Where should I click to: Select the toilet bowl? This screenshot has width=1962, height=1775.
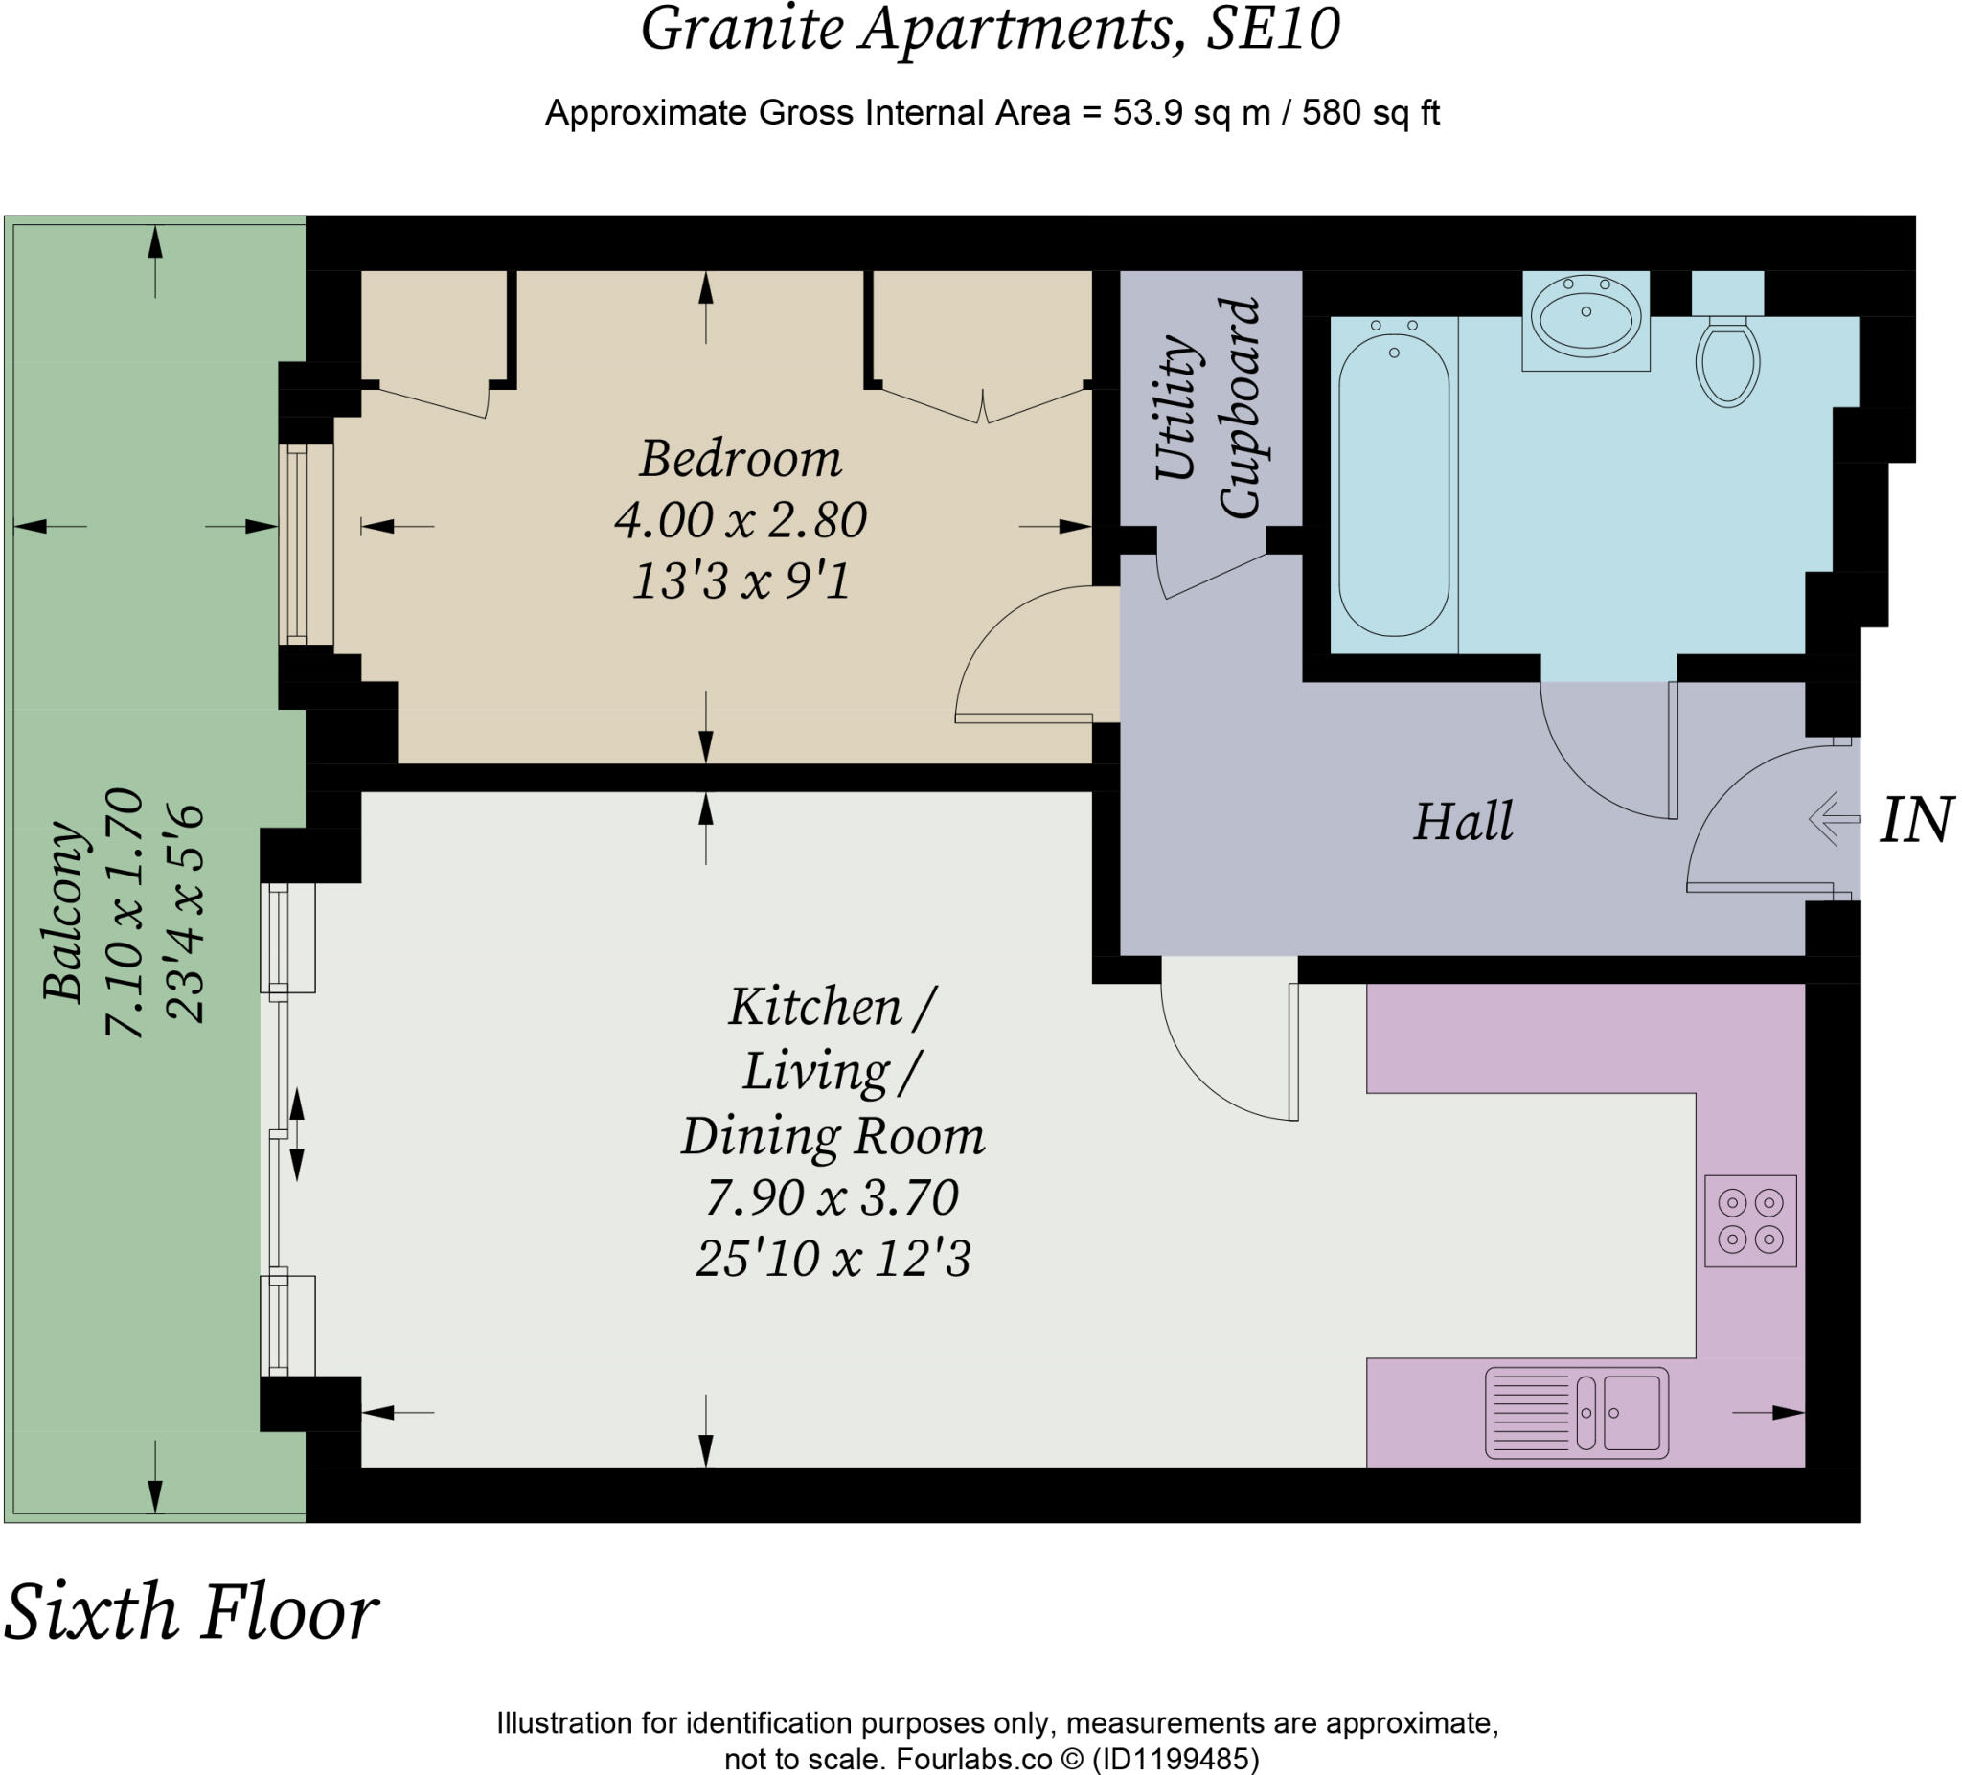(x=1727, y=362)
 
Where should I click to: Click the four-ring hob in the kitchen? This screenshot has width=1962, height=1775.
(x=1750, y=1221)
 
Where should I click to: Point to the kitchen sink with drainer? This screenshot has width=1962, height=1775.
(x=1577, y=1412)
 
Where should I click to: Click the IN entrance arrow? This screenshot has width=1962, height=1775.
(x=1834, y=818)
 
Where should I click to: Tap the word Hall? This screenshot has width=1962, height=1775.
(x=1463, y=821)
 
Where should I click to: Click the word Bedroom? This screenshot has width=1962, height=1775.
(x=740, y=458)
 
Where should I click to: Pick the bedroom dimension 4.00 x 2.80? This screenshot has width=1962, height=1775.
(x=740, y=519)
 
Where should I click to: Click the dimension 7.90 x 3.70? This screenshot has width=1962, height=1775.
(x=833, y=1196)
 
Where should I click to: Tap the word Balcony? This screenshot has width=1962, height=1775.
(x=64, y=912)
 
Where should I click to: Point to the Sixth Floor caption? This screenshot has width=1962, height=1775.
(x=191, y=1612)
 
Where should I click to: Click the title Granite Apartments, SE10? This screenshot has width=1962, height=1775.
(x=990, y=29)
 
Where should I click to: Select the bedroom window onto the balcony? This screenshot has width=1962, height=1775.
(x=306, y=545)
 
